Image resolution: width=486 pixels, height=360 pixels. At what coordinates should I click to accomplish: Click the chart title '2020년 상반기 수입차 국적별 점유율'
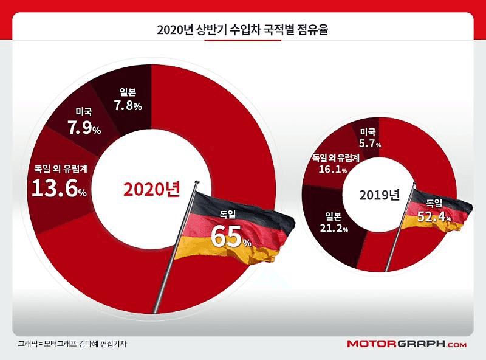pos(242,30)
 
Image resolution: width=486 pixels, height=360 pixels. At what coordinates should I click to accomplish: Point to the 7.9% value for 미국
pos(83,129)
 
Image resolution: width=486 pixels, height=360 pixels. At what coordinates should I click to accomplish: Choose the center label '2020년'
pos(152,189)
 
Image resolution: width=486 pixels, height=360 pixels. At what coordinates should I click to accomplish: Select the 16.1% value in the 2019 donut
pos(336,171)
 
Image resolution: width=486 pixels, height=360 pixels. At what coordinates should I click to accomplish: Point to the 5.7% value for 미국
pos(368,144)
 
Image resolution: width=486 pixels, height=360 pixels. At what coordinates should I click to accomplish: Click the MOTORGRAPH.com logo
pos(406,344)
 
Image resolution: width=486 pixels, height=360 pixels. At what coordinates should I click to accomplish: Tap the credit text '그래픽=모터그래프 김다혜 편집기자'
pos(72,344)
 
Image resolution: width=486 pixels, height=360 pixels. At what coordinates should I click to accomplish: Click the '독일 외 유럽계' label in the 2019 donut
pos(336,157)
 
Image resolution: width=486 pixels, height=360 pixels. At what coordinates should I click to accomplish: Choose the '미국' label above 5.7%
pos(368,132)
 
